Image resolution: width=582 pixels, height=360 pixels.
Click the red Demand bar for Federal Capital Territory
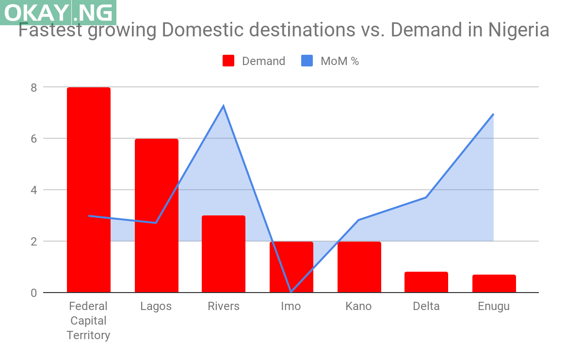click(88, 189)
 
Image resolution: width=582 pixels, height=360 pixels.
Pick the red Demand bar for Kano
click(359, 266)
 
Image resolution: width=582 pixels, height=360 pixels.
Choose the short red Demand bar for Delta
click(426, 282)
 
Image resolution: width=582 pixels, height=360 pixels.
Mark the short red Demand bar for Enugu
click(494, 283)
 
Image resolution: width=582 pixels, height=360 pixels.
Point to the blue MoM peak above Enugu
click(493, 114)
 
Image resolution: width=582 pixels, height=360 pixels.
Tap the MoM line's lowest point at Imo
click(291, 292)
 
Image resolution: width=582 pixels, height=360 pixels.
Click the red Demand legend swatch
click(228, 61)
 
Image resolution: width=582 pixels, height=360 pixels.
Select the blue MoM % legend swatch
click(307, 61)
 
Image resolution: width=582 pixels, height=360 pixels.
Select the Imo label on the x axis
click(291, 306)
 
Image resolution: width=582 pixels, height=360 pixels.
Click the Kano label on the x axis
click(358, 306)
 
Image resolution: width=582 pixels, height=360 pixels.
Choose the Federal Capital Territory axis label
click(88, 321)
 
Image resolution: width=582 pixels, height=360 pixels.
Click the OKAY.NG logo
click(58, 12)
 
